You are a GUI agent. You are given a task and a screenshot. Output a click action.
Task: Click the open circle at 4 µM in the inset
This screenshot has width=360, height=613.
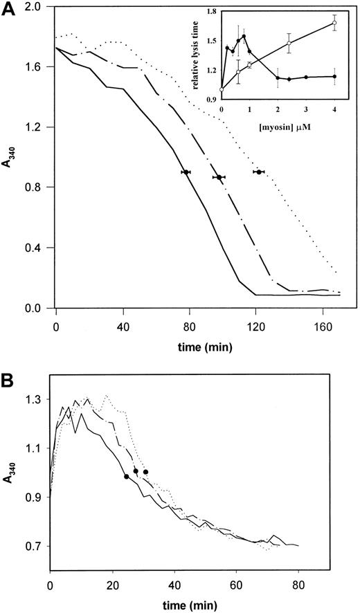[334, 23]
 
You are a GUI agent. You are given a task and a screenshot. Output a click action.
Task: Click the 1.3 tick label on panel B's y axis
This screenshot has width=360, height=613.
[34, 400]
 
